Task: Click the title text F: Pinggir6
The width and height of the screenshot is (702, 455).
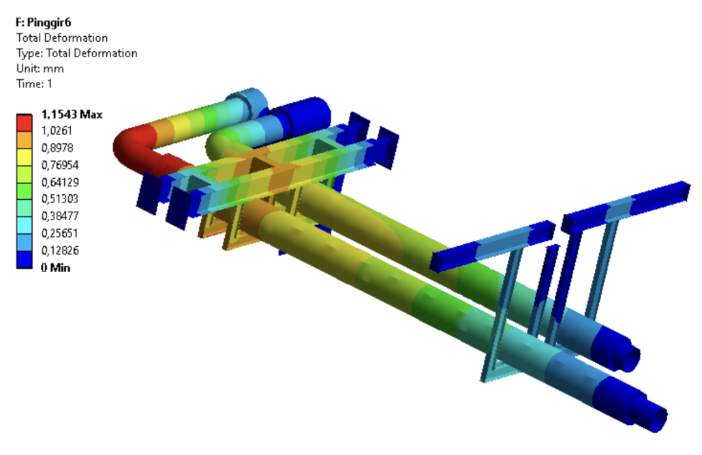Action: [x=44, y=23]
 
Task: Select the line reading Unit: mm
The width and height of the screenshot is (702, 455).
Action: [x=40, y=69]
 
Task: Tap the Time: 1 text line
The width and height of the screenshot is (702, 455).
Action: [x=34, y=84]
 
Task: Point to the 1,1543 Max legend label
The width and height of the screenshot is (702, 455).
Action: [x=72, y=115]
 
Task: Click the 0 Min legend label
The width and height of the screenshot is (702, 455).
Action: [x=55, y=267]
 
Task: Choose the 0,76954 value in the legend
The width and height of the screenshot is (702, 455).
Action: [x=60, y=165]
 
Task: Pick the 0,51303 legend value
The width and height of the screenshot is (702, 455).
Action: [x=59, y=199]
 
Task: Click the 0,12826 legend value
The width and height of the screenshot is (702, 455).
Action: [x=60, y=250]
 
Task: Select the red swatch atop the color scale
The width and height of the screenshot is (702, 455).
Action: [x=24, y=123]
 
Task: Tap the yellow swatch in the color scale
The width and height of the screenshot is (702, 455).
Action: [x=24, y=157]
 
